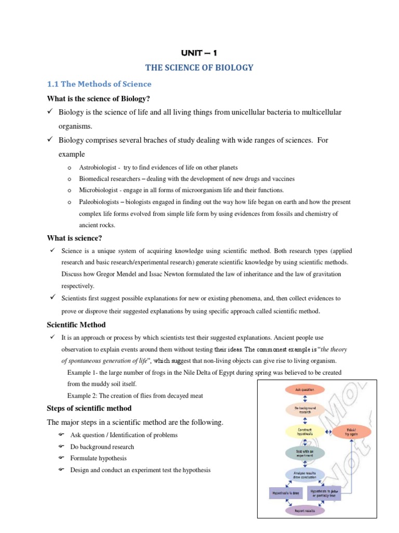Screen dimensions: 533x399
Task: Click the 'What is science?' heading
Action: [x=75, y=238]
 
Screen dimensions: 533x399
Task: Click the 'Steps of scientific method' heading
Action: [x=89, y=408]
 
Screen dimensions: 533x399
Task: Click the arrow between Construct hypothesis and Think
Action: [x=328, y=431]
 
